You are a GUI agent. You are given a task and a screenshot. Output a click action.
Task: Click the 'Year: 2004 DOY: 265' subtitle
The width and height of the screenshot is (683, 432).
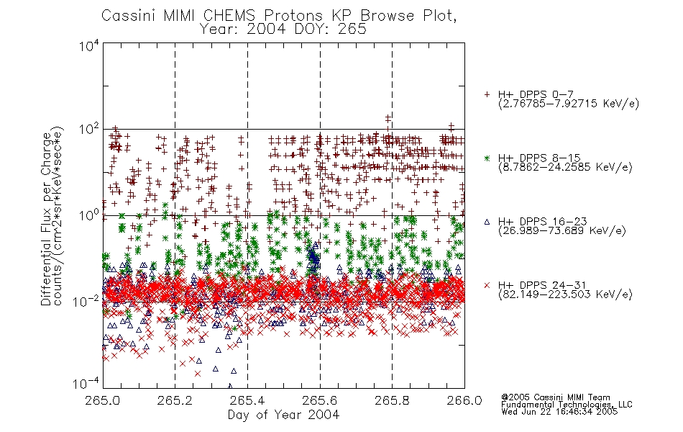tap(283, 30)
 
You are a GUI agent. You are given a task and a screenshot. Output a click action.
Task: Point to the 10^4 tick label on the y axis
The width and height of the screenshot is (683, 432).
tap(89, 46)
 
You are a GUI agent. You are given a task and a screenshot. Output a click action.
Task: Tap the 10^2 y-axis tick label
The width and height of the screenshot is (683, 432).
tap(89, 130)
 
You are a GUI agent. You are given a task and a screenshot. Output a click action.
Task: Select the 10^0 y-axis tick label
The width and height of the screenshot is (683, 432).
tap(89, 216)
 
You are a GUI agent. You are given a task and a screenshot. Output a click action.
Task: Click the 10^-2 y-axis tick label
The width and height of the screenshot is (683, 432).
tap(87, 302)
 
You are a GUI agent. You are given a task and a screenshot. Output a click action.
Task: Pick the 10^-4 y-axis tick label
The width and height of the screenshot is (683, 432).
tap(87, 384)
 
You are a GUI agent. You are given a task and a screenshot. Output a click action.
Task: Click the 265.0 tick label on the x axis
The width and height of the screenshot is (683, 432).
tap(103, 400)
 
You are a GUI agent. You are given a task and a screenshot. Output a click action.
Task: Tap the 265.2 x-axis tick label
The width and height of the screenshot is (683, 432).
tap(175, 400)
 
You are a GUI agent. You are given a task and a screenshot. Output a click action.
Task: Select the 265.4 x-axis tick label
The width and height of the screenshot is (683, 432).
tap(247, 400)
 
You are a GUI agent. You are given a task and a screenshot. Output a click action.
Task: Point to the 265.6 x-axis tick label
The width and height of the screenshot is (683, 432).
tap(320, 400)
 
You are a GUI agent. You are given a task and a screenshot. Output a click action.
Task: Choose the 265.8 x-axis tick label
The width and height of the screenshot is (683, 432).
tap(392, 400)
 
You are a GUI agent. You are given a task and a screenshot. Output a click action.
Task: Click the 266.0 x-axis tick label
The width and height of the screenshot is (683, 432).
tap(464, 400)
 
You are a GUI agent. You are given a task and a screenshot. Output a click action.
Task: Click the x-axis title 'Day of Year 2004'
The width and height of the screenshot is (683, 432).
tap(283, 415)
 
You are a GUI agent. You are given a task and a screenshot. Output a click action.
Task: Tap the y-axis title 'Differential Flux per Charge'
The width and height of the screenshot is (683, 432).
tap(46, 219)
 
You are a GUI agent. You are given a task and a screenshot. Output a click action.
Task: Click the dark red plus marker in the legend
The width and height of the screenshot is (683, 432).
tap(487, 94)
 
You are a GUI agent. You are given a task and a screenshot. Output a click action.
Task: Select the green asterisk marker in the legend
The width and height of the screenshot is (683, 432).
tap(487, 158)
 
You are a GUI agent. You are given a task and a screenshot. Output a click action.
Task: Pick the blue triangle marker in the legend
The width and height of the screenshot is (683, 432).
tap(487, 222)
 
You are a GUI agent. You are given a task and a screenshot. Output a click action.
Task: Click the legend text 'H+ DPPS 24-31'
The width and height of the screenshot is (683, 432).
tap(542, 285)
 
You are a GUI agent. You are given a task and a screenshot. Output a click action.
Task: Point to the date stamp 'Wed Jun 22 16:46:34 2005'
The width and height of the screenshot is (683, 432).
tap(559, 412)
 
